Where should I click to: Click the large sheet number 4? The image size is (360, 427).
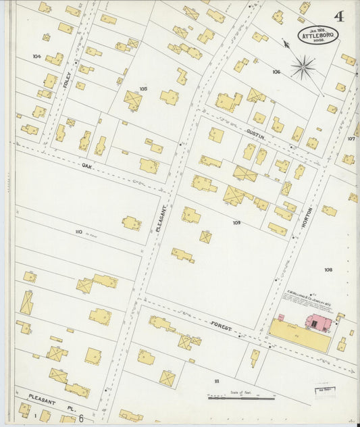click(x=336, y=15)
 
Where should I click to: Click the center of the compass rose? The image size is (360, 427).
click(x=303, y=66)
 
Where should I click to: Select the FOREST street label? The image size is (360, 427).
click(x=221, y=328)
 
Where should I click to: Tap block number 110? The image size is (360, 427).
click(x=78, y=232)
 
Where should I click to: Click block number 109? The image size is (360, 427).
click(x=236, y=222)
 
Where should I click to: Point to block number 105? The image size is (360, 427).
click(x=143, y=89)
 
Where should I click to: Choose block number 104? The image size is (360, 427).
click(x=36, y=56)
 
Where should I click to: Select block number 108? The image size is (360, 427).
click(x=328, y=270)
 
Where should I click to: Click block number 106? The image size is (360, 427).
click(x=276, y=71)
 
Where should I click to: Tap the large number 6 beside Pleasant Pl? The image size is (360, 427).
click(x=81, y=418)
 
